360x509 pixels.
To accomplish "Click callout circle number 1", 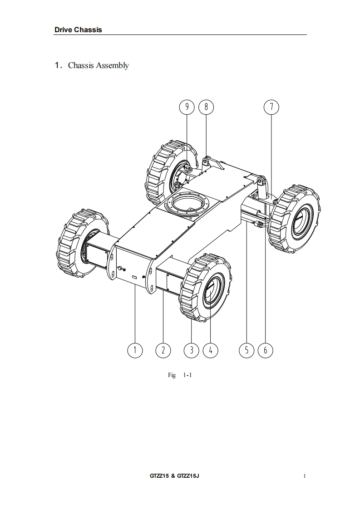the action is point(134,350).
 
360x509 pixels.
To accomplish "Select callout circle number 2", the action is point(163,350).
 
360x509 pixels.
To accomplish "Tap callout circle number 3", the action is point(192,350).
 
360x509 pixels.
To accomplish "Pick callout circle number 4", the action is point(211,350).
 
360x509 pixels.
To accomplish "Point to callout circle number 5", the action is point(247,350).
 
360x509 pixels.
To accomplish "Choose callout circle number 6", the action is point(265,350).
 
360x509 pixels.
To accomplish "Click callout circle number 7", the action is point(271,107).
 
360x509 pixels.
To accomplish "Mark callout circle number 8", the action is point(206,107).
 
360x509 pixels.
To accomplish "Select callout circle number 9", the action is point(187,107).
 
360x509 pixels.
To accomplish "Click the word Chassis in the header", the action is point(88,30).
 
